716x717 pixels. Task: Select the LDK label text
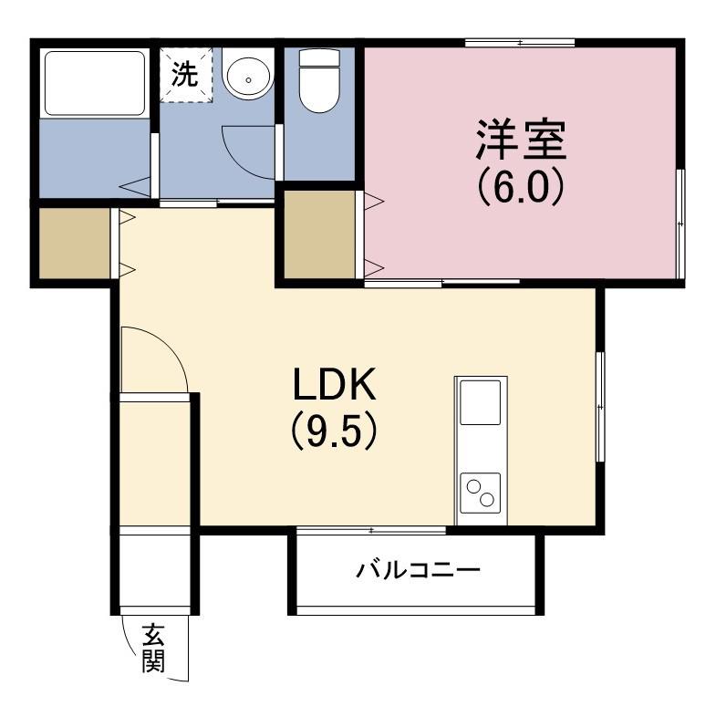click(334, 387)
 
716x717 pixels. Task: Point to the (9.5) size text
click(334, 431)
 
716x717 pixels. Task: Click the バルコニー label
click(417, 572)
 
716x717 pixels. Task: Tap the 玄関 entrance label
click(152, 647)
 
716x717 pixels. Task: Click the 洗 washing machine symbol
click(186, 73)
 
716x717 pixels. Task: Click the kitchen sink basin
click(480, 402)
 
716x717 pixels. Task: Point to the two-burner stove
click(480, 494)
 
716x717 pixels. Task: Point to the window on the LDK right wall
click(598, 406)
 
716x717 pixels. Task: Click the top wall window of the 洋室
click(520, 42)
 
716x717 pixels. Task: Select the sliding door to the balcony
click(371, 530)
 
